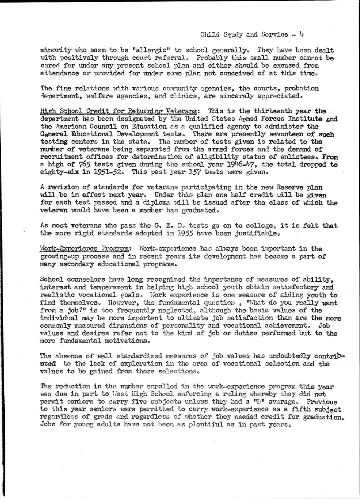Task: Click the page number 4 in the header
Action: click(301, 35)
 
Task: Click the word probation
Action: click(301, 88)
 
